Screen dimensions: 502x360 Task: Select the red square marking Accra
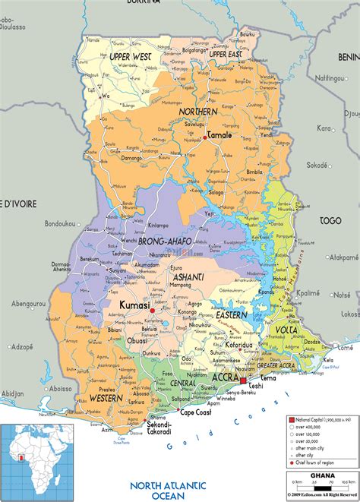pyautogui.click(x=244, y=380)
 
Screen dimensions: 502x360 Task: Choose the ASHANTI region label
pyautogui.click(x=188, y=278)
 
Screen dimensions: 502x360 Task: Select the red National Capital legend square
pyautogui.click(x=291, y=419)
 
